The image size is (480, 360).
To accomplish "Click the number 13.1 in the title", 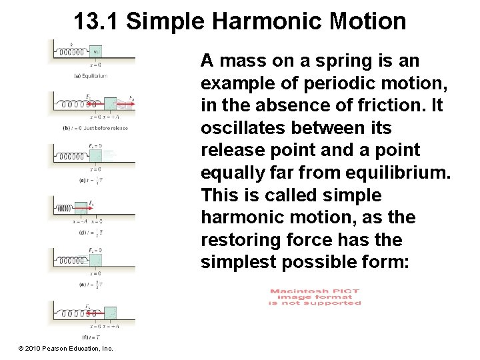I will click(96, 21).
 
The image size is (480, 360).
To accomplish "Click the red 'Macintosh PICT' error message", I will click(315, 297).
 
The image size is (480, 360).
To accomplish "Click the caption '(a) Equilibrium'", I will click(91, 76).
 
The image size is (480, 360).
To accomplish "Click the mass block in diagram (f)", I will click(110, 312).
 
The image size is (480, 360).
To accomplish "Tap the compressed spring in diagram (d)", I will click(63, 208).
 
